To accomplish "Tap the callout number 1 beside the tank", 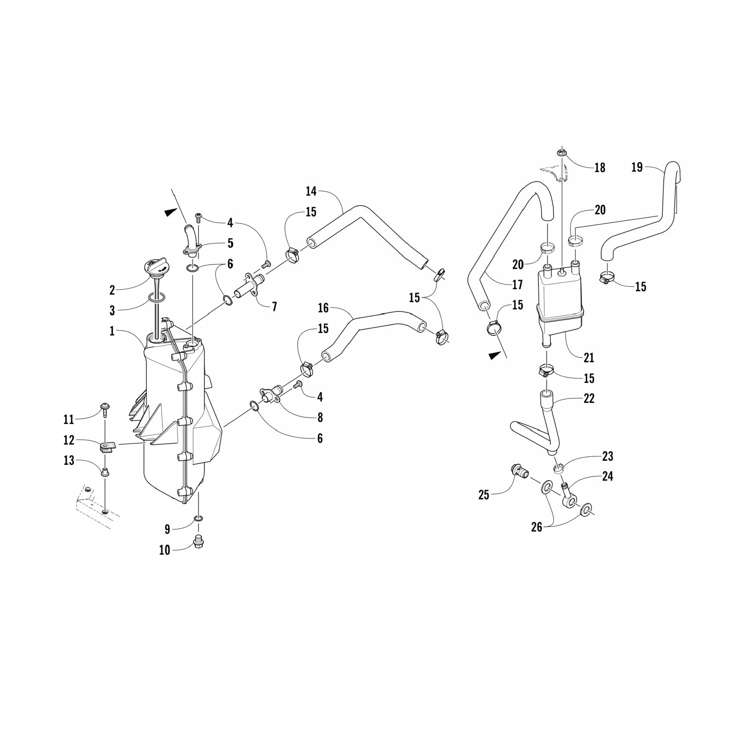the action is tap(113, 331).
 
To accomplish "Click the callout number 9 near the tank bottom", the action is tap(167, 530).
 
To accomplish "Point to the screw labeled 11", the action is tap(105, 407).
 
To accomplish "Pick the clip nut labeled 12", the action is tap(106, 447).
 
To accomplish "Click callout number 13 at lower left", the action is tap(68, 461).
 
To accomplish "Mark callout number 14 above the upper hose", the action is tap(311, 191).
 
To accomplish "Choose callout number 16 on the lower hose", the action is tap(323, 309).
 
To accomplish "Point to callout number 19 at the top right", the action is tap(637, 167).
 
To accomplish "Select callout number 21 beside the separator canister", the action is tap(589, 358).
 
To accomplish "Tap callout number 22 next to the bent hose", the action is tap(589, 398).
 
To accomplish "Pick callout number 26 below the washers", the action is tap(537, 528).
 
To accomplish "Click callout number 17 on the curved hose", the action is tap(517, 285).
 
